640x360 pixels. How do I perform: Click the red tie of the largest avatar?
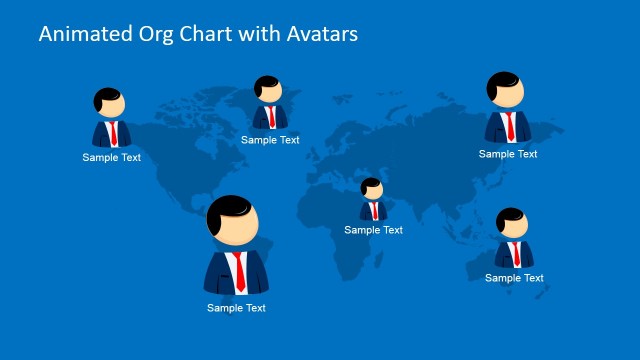(x=238, y=270)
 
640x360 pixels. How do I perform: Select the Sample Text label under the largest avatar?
(x=237, y=308)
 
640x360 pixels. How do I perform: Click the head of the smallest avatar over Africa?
(x=372, y=189)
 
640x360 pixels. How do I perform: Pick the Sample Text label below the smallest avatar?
(x=374, y=230)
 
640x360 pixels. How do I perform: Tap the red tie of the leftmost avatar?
(x=113, y=134)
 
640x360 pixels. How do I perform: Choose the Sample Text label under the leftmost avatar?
(x=112, y=157)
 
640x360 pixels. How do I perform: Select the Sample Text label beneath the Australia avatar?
(x=515, y=278)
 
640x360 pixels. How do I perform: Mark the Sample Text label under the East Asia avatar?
(x=508, y=154)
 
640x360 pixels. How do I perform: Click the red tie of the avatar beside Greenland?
(x=271, y=116)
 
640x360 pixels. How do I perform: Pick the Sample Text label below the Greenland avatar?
(x=270, y=140)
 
